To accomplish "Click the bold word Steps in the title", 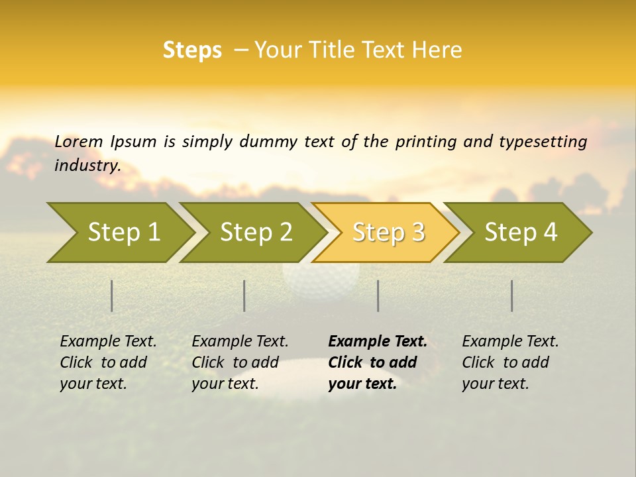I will click(x=192, y=50).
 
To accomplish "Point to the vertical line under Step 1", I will click(x=112, y=295).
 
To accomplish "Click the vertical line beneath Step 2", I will click(x=244, y=295).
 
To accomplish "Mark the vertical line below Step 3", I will click(x=378, y=295).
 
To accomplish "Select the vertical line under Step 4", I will click(x=512, y=295).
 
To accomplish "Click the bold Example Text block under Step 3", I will click(x=377, y=362).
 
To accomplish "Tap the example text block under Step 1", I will click(x=108, y=362).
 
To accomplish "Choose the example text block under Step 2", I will click(x=240, y=362).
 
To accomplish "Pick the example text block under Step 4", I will click(x=510, y=362).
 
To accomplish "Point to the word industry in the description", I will click(x=87, y=166).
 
